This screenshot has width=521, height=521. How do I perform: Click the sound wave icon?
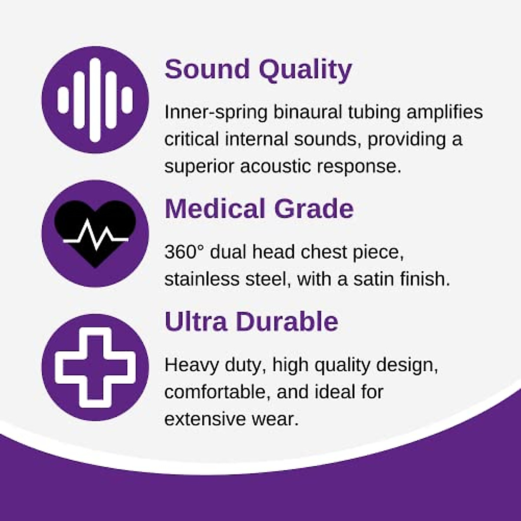tap(95, 100)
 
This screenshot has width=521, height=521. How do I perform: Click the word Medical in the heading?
tap(215, 209)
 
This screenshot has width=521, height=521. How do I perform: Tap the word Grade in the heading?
tap(314, 209)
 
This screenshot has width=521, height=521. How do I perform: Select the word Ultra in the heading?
tap(196, 322)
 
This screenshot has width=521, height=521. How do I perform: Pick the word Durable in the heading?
tap(287, 322)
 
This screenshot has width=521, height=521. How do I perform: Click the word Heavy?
tap(191, 366)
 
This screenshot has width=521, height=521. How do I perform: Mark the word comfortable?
tap(218, 392)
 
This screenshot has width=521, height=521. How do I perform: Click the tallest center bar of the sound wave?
tap(95, 100)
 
